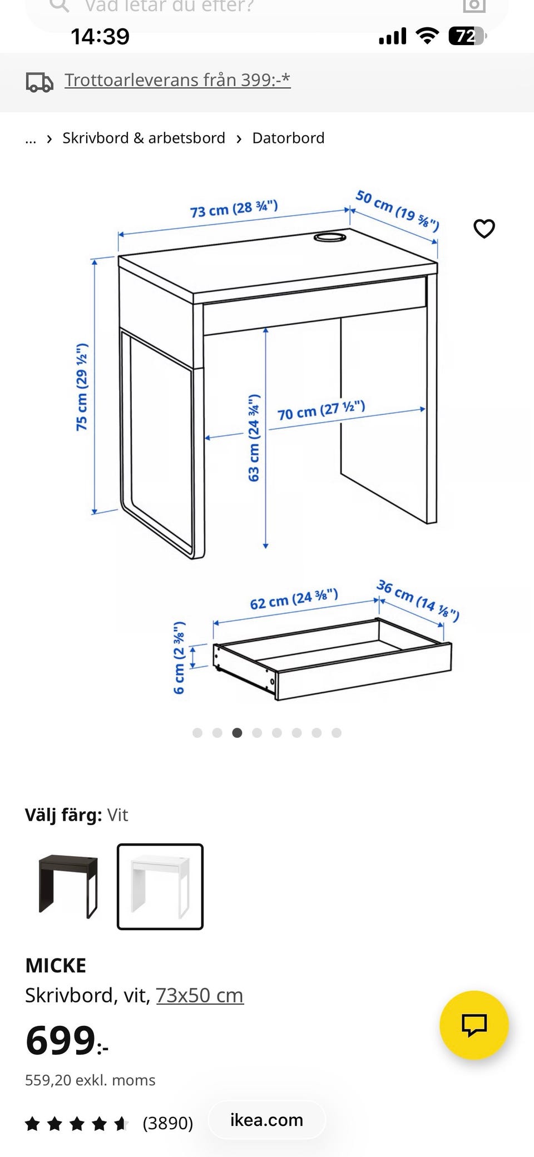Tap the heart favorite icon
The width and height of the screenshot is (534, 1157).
click(x=484, y=229)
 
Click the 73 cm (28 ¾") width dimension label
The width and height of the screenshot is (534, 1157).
click(x=234, y=208)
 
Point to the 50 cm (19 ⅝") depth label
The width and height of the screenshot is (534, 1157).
click(x=397, y=210)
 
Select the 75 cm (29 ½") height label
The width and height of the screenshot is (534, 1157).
click(x=82, y=387)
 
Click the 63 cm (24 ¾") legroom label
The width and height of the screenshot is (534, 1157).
click(x=254, y=438)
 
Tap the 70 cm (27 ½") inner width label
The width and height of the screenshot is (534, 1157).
click(x=322, y=410)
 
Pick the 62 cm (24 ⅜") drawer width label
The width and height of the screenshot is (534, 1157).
click(x=294, y=599)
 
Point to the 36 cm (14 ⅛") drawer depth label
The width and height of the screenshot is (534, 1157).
click(x=418, y=600)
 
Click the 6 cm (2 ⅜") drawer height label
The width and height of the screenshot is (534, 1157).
click(x=179, y=658)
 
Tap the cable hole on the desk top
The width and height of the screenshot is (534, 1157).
click(x=330, y=237)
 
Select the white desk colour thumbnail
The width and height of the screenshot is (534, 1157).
click(x=160, y=886)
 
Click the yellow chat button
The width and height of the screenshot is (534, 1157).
click(x=474, y=1025)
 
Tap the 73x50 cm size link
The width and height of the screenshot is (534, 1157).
click(x=200, y=995)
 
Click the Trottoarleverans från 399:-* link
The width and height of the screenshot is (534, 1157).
click(x=177, y=80)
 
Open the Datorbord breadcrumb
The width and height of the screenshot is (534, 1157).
click(x=288, y=138)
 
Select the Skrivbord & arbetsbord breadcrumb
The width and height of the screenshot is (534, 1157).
click(x=144, y=138)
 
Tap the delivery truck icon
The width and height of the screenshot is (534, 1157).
click(x=39, y=82)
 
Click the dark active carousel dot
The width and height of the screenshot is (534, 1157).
click(x=237, y=733)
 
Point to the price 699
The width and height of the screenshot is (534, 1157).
click(x=67, y=1040)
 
